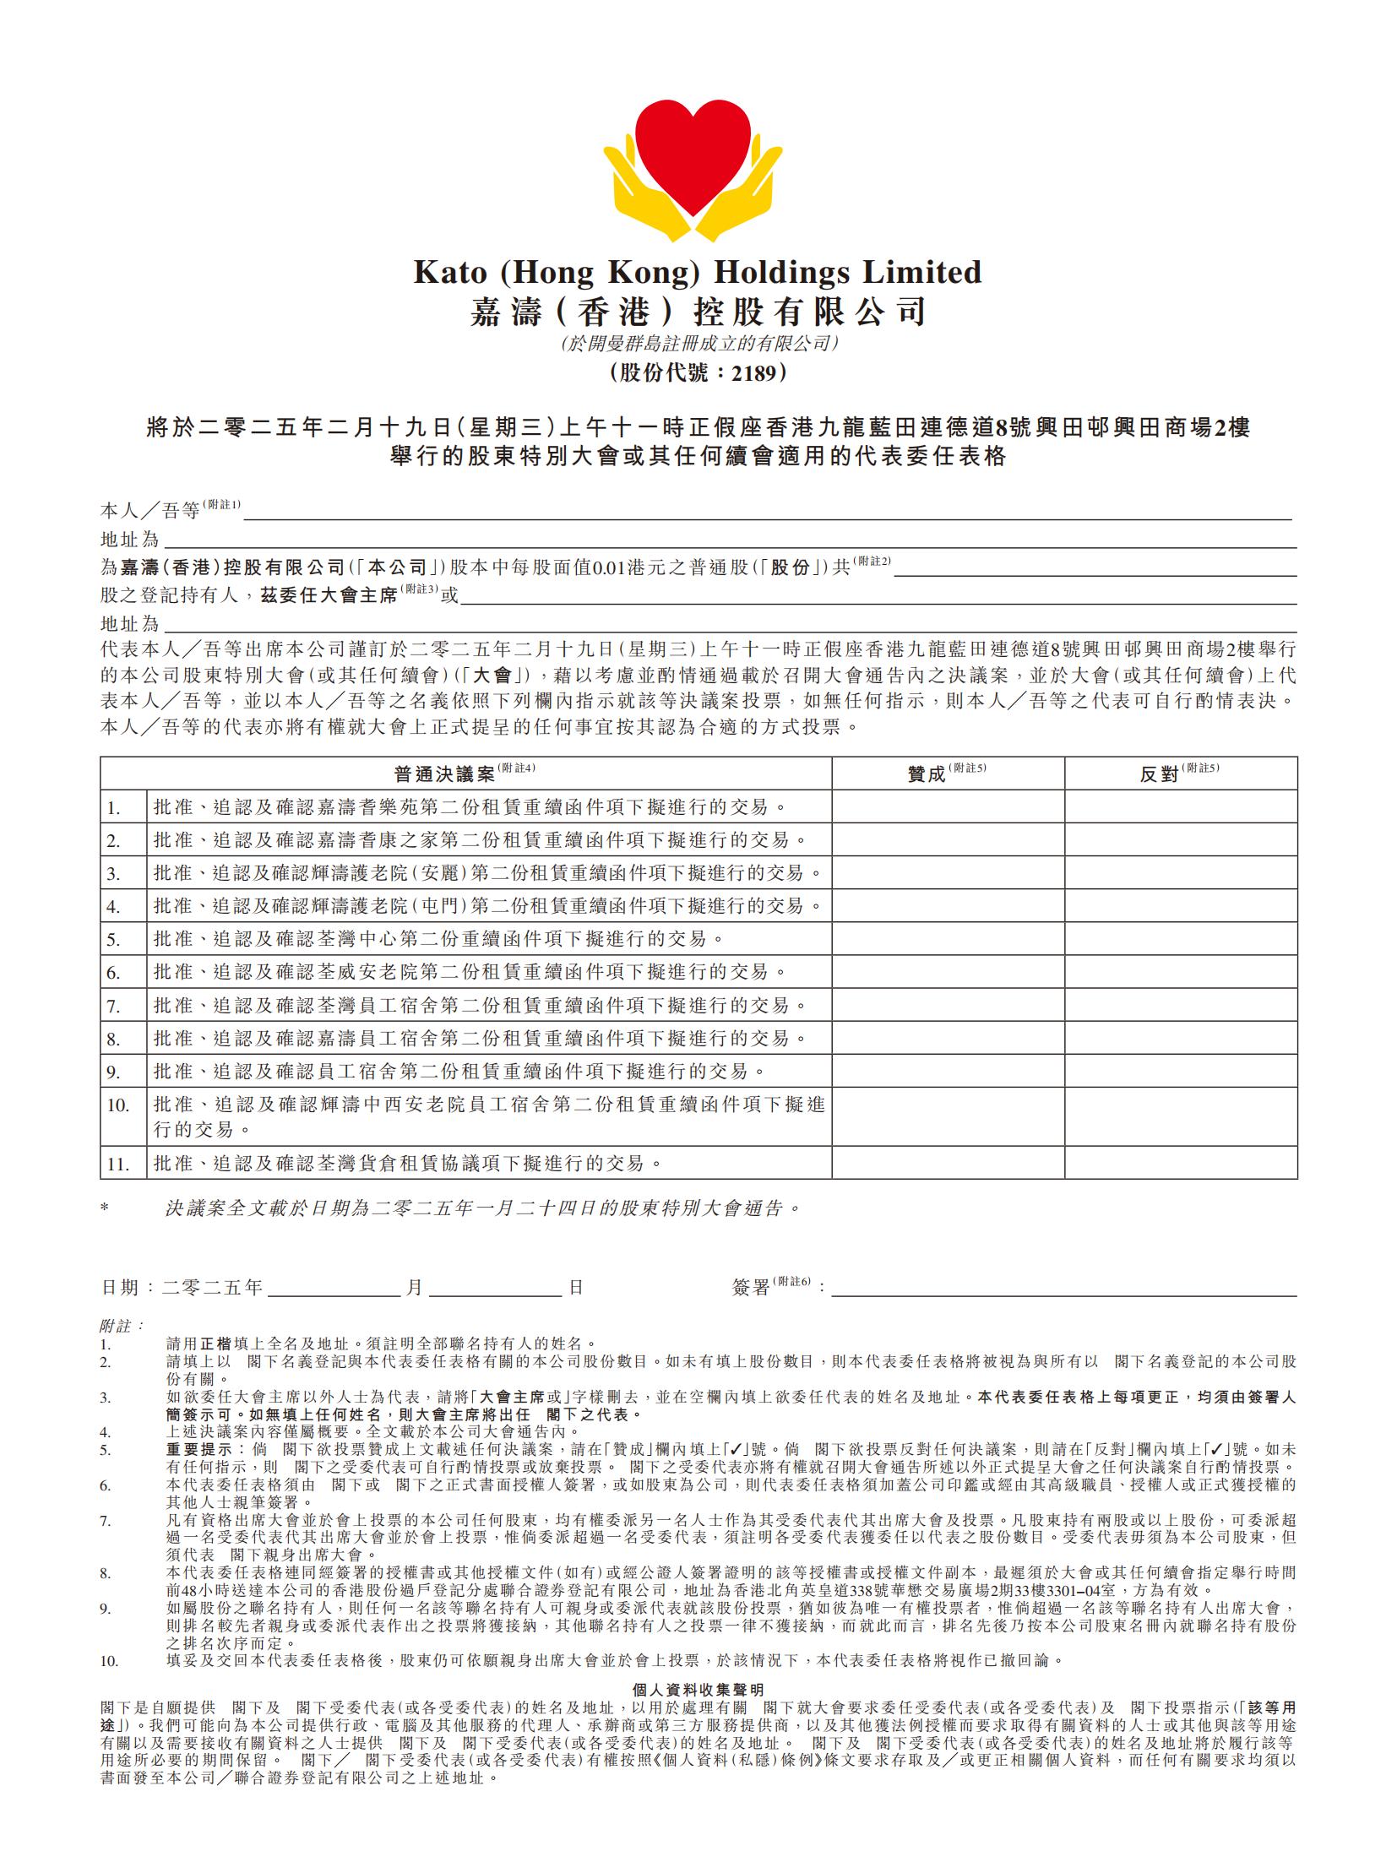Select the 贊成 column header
click(x=926, y=774)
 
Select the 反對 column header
click(x=1159, y=774)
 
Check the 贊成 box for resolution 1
click(x=948, y=807)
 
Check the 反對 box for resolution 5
click(x=1180, y=939)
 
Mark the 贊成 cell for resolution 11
click(x=948, y=1163)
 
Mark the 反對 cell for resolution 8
click(x=1180, y=1038)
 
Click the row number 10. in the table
click(x=117, y=1105)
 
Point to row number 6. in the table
click(x=114, y=973)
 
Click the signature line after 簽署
click(x=1063, y=1289)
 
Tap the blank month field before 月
click(x=333, y=1289)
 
